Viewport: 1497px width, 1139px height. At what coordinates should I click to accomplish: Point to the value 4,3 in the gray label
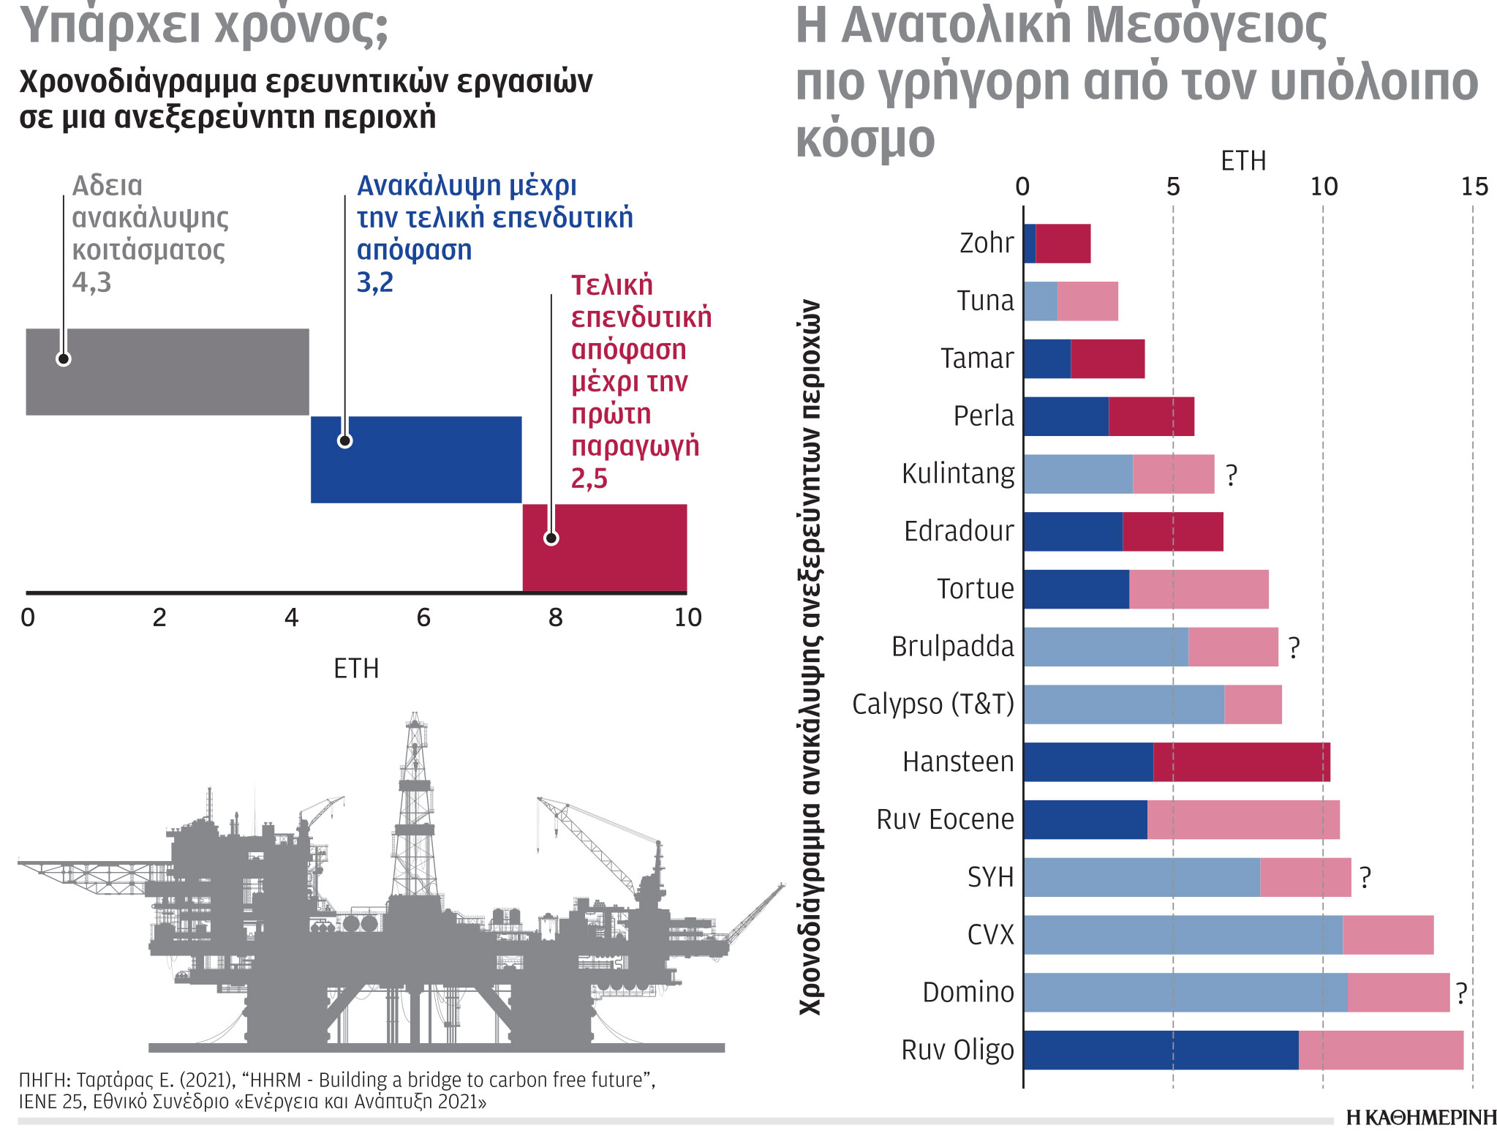pyautogui.click(x=91, y=282)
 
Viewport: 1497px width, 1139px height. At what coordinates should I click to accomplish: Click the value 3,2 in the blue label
pyautogui.click(x=375, y=282)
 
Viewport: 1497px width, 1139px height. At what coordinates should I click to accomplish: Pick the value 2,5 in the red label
pyautogui.click(x=589, y=479)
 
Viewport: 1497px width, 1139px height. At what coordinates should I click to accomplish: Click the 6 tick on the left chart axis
pyautogui.click(x=423, y=618)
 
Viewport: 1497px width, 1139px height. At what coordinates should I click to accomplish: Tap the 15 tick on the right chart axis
pyautogui.click(x=1474, y=187)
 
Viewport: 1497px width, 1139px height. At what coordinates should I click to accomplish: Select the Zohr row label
pyautogui.click(x=987, y=243)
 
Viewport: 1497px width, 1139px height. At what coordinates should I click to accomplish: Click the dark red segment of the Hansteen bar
pyautogui.click(x=1241, y=762)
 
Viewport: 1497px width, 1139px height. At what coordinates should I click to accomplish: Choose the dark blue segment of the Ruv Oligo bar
pyautogui.click(x=1161, y=1050)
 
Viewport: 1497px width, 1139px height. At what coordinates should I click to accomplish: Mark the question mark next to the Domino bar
pyautogui.click(x=1461, y=993)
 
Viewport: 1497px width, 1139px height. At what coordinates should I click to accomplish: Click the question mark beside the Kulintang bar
pyautogui.click(x=1232, y=475)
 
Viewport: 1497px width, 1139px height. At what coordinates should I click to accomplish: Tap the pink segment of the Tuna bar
pyautogui.click(x=1087, y=301)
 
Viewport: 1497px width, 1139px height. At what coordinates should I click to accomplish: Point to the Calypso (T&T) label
pyautogui.click(x=933, y=704)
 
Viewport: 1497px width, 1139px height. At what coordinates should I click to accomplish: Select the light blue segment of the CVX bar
pyautogui.click(x=1183, y=935)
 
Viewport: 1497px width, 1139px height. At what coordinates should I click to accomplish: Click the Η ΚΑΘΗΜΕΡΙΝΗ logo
pyautogui.click(x=1421, y=1118)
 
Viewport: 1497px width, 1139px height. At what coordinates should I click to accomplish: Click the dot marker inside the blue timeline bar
pyautogui.click(x=345, y=440)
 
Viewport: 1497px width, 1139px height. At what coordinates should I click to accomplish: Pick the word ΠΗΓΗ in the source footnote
pyautogui.click(x=43, y=1080)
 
